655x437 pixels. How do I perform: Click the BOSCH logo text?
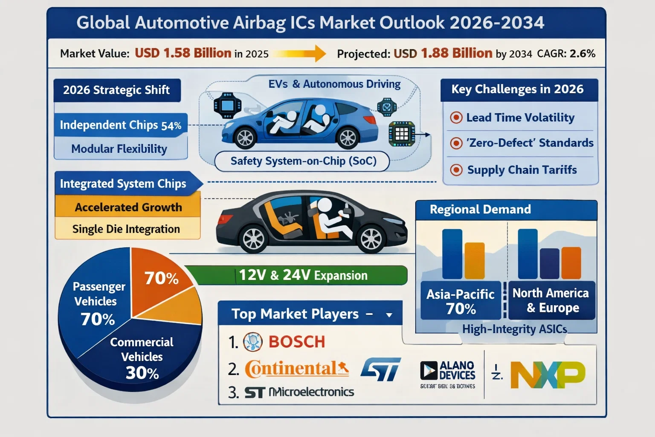pyautogui.click(x=296, y=342)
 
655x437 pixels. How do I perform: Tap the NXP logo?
pyautogui.click(x=548, y=375)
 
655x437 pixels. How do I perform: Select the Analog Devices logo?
pyautogui.click(x=448, y=371)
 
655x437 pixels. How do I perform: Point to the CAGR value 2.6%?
pyautogui.click(x=582, y=54)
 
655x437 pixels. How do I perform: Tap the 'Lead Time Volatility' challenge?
pyautogui.click(x=520, y=117)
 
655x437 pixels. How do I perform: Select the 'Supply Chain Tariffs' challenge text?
pyautogui.click(x=522, y=170)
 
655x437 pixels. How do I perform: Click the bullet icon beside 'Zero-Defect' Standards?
pyautogui.click(x=456, y=143)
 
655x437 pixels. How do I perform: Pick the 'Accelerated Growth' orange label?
pyautogui.click(x=128, y=207)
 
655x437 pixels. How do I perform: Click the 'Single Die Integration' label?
pyautogui.click(x=126, y=229)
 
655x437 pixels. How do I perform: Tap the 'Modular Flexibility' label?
pyautogui.click(x=119, y=149)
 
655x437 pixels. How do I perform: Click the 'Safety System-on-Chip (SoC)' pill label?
pyautogui.click(x=303, y=161)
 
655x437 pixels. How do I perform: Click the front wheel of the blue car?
pyautogui.click(x=348, y=137)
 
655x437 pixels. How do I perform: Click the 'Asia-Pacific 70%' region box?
pyautogui.click(x=461, y=301)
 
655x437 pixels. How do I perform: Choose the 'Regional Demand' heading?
pyautogui.click(x=480, y=210)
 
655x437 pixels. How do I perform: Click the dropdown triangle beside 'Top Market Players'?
pyautogui.click(x=389, y=315)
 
